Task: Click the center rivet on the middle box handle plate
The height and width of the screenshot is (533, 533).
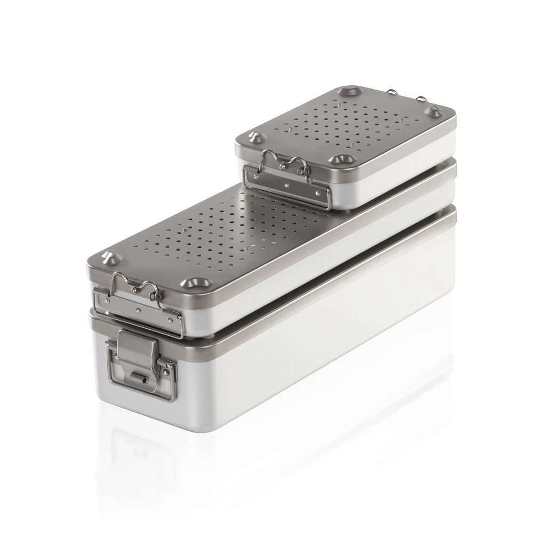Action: point(138,310)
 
